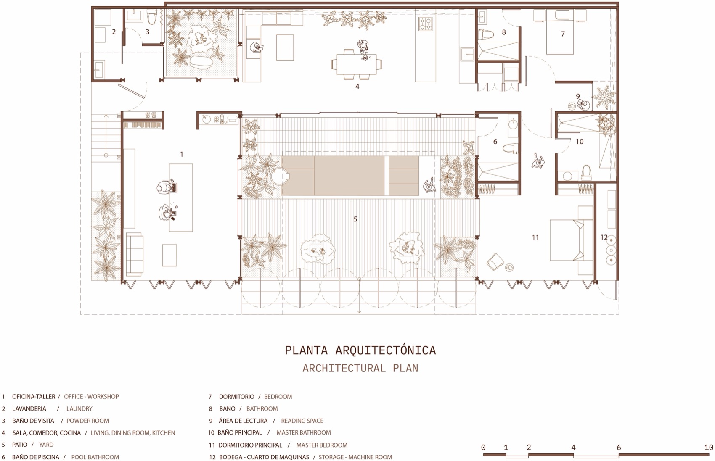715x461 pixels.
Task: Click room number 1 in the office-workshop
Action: pyautogui.click(x=182, y=154)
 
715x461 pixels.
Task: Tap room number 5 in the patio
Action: pyautogui.click(x=355, y=219)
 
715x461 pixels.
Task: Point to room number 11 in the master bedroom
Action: pyautogui.click(x=535, y=237)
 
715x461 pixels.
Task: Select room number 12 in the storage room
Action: pyautogui.click(x=604, y=237)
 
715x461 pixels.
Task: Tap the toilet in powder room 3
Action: pyautogui.click(x=152, y=17)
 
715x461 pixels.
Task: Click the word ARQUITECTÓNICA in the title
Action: pyautogui.click(x=386, y=350)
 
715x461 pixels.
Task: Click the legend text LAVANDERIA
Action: pyautogui.click(x=29, y=408)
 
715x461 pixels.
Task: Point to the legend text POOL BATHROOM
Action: pyautogui.click(x=95, y=457)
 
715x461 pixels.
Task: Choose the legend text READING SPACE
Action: pyautogui.click(x=302, y=421)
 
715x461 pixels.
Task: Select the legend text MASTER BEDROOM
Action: pyautogui.click(x=322, y=445)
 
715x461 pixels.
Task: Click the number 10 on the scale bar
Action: pyautogui.click(x=708, y=448)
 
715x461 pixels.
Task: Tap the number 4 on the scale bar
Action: pyautogui.click(x=573, y=448)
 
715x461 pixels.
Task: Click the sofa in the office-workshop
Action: pyautogui.click(x=134, y=254)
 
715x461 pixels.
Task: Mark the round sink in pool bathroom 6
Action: pyautogui.click(x=513, y=124)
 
